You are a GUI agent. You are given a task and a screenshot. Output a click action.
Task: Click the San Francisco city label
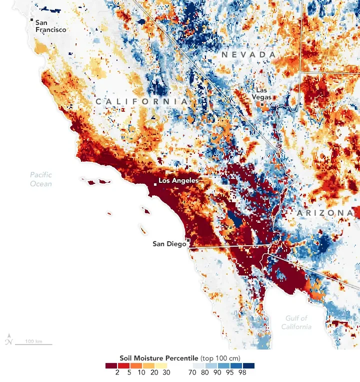pos(50,26)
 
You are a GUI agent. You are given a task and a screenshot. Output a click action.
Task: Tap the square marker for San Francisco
pos(32,20)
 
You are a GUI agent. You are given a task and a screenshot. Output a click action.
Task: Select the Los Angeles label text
pos(178,180)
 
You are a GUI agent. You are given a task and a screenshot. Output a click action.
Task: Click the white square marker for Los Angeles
pos(155,184)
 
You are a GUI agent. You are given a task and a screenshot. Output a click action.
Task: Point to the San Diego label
pos(168,244)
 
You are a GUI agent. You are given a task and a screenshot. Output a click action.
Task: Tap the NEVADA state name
pos(249,54)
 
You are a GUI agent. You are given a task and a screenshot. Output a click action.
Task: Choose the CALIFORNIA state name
pos(141,101)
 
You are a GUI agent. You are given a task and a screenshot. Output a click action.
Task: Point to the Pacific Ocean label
pos(41,179)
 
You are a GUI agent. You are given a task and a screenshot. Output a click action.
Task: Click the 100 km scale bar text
pos(33,341)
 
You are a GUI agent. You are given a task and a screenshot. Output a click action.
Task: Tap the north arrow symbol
pos(8,340)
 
